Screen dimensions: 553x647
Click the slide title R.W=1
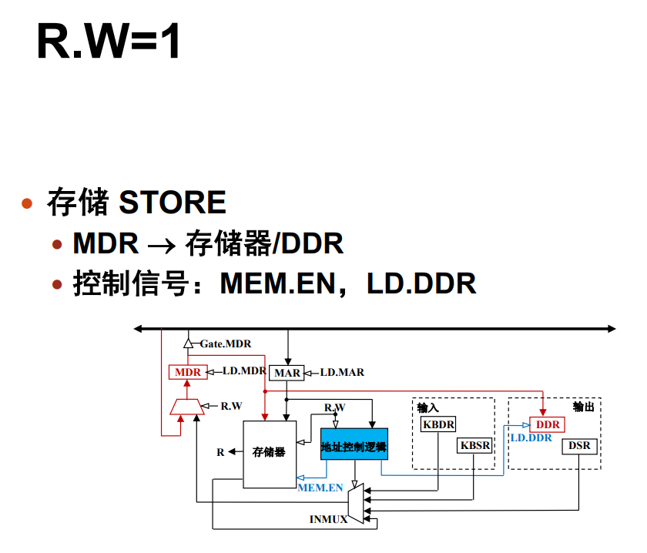click(109, 42)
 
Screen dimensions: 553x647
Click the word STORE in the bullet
click(173, 203)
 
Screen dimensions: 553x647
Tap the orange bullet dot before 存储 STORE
click(28, 203)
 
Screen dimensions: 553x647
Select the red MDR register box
click(187, 372)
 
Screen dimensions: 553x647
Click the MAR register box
click(287, 373)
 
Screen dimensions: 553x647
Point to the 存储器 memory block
click(269, 452)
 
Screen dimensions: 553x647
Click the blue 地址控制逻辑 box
click(354, 444)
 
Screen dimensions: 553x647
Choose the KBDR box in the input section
click(438, 424)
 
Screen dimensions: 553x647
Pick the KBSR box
click(474, 445)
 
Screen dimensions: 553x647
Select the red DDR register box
click(548, 424)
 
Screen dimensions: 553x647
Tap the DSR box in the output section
click(578, 445)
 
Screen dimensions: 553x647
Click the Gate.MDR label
click(226, 344)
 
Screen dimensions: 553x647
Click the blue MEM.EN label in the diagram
click(320, 488)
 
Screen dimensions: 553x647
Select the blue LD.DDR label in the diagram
click(531, 437)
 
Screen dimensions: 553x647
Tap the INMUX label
click(328, 519)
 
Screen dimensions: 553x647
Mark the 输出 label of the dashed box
click(583, 407)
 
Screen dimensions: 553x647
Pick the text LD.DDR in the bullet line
click(421, 284)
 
